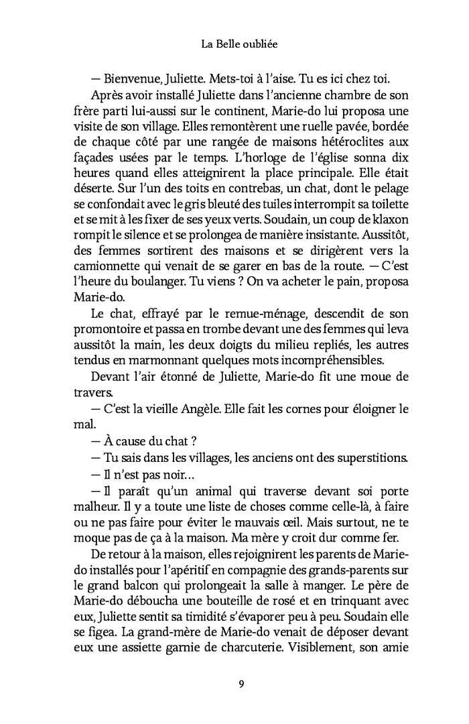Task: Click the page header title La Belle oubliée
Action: (234, 45)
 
